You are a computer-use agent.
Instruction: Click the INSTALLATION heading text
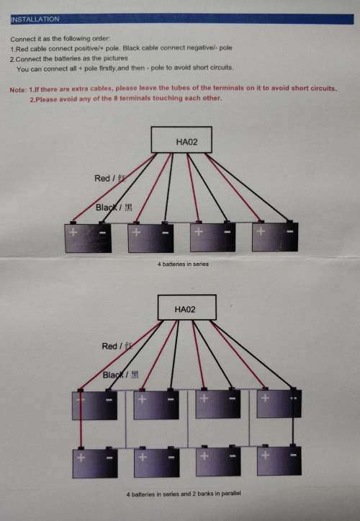(35, 19)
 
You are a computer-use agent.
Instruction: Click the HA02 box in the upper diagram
(181, 140)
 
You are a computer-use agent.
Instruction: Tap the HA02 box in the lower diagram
(186, 308)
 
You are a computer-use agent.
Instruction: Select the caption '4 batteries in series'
(183, 264)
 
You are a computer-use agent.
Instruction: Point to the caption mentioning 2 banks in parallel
(184, 494)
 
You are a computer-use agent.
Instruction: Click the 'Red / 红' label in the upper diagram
(110, 179)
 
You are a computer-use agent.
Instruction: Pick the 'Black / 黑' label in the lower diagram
(120, 375)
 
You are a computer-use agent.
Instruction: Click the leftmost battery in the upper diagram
(88, 238)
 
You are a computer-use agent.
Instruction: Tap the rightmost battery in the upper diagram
(275, 236)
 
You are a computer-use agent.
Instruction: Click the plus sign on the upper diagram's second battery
(136, 231)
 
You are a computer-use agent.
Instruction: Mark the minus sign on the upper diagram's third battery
(227, 231)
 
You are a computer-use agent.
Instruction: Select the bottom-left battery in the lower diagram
(95, 463)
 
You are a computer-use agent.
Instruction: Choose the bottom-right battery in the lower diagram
(279, 460)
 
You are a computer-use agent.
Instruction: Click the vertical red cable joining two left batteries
(80, 419)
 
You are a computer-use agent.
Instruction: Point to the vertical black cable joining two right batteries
(293, 417)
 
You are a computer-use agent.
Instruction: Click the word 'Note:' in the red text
(18, 89)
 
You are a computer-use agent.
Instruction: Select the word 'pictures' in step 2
(116, 58)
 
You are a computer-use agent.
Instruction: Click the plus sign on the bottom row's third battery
(204, 456)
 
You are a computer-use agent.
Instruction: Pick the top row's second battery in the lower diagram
(156, 405)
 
